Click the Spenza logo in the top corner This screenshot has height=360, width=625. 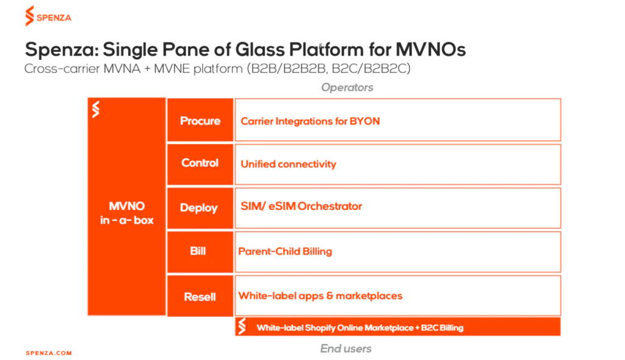(48, 16)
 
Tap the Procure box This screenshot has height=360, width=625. (200, 120)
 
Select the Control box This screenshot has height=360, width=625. (200, 164)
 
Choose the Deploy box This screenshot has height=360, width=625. (200, 208)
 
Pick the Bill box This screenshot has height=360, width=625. (200, 252)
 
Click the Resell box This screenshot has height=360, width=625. (200, 296)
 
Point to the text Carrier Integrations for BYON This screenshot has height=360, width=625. (310, 121)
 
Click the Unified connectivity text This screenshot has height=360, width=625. (288, 164)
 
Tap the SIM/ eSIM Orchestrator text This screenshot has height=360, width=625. (302, 206)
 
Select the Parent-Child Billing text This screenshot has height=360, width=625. (285, 251)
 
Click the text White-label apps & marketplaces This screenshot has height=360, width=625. (320, 296)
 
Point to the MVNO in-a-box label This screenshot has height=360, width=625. (127, 214)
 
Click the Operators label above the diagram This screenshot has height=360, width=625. (347, 87)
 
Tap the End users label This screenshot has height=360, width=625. (346, 348)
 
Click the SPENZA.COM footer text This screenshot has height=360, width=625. (49, 353)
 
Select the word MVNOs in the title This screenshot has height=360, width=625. (430, 50)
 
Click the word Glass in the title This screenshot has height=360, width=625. (260, 50)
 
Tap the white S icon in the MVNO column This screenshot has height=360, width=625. (96, 110)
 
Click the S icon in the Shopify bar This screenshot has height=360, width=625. (242, 326)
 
